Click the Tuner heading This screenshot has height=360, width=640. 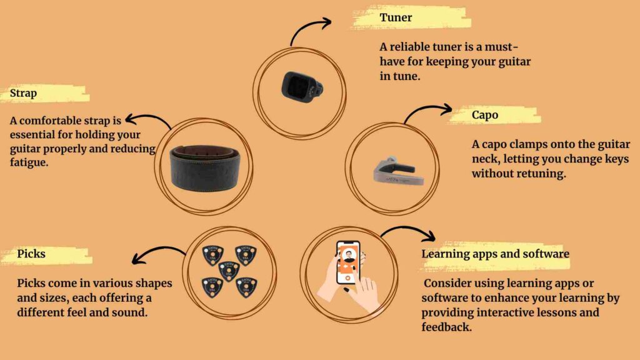(396, 17)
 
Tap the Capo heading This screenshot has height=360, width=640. (485, 115)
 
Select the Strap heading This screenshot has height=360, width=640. (23, 94)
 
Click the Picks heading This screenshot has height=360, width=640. (31, 254)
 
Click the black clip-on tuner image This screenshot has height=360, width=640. (302, 87)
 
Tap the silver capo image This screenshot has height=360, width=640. (398, 170)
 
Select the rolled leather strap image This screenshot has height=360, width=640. (204, 167)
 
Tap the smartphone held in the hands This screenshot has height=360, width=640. (347, 262)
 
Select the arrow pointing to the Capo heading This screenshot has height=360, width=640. (426, 109)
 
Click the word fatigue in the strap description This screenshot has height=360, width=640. (29, 163)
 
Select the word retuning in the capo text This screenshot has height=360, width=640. (542, 174)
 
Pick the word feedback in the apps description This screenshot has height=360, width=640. (446, 327)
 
